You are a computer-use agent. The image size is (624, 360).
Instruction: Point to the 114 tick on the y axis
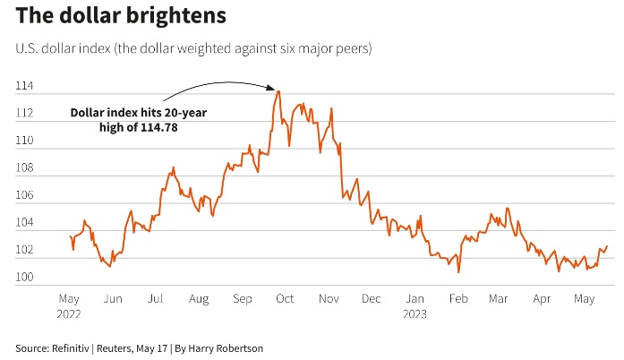[24, 87]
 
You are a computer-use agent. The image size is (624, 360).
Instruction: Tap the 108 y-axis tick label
[24, 168]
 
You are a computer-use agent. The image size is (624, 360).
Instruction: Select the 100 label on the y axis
[24, 278]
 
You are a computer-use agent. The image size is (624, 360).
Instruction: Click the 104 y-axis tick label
[24, 223]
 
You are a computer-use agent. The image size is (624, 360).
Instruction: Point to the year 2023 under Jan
[415, 313]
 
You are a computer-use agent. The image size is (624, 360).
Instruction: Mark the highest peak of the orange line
[278, 90]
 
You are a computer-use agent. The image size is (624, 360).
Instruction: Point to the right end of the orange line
[607, 246]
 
